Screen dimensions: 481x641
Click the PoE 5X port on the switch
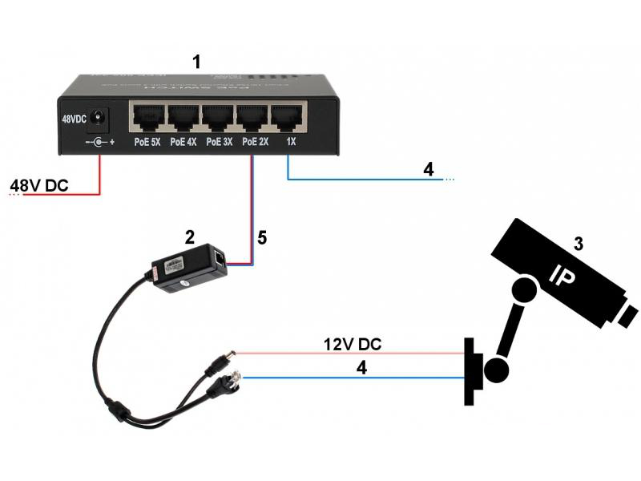pos(147,118)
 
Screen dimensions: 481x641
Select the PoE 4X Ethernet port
pos(183,118)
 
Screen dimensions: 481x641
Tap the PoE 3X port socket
pos(218,118)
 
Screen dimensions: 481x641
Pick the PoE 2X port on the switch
pos(253,118)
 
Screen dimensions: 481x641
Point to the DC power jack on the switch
pos(99,118)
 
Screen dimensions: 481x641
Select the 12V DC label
pos(353,344)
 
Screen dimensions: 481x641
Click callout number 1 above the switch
pos(196,61)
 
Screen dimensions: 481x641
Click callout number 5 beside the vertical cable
pos(261,237)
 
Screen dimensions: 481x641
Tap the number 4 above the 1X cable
pos(429,170)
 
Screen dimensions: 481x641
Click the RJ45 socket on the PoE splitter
pos(219,258)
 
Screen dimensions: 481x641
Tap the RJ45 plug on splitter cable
pos(220,385)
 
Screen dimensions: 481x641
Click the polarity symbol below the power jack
pos(99,143)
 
